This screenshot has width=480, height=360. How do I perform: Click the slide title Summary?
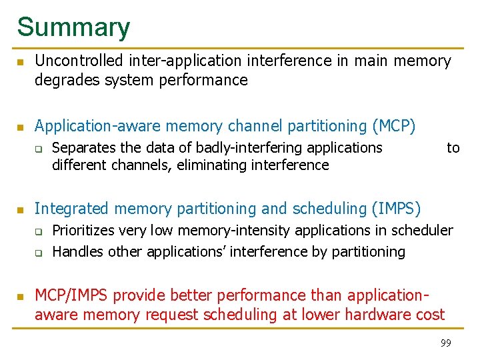tap(73, 27)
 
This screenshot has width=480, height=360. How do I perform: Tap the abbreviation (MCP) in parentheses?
tap(395, 125)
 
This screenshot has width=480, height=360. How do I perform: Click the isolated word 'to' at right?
tap(453, 147)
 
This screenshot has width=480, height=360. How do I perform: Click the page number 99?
tap(445, 343)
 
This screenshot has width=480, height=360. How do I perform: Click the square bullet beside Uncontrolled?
tap(21, 63)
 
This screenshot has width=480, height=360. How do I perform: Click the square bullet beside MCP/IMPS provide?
tap(21, 296)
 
